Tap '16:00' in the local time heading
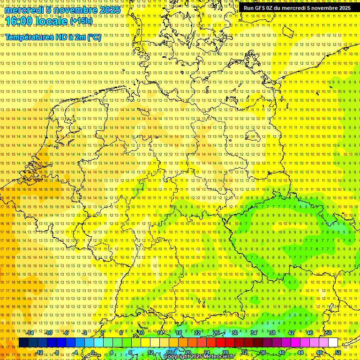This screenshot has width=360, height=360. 18,21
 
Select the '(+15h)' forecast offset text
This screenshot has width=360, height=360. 81,21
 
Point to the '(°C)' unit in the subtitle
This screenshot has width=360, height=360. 94,37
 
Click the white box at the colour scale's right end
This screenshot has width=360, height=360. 333,343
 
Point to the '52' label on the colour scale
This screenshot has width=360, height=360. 337,352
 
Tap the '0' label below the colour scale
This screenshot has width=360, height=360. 93,352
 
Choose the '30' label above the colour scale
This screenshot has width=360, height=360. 235,333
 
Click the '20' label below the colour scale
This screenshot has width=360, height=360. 187,352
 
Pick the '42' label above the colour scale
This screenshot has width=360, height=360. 291,333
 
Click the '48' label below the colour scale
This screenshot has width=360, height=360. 319,352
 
